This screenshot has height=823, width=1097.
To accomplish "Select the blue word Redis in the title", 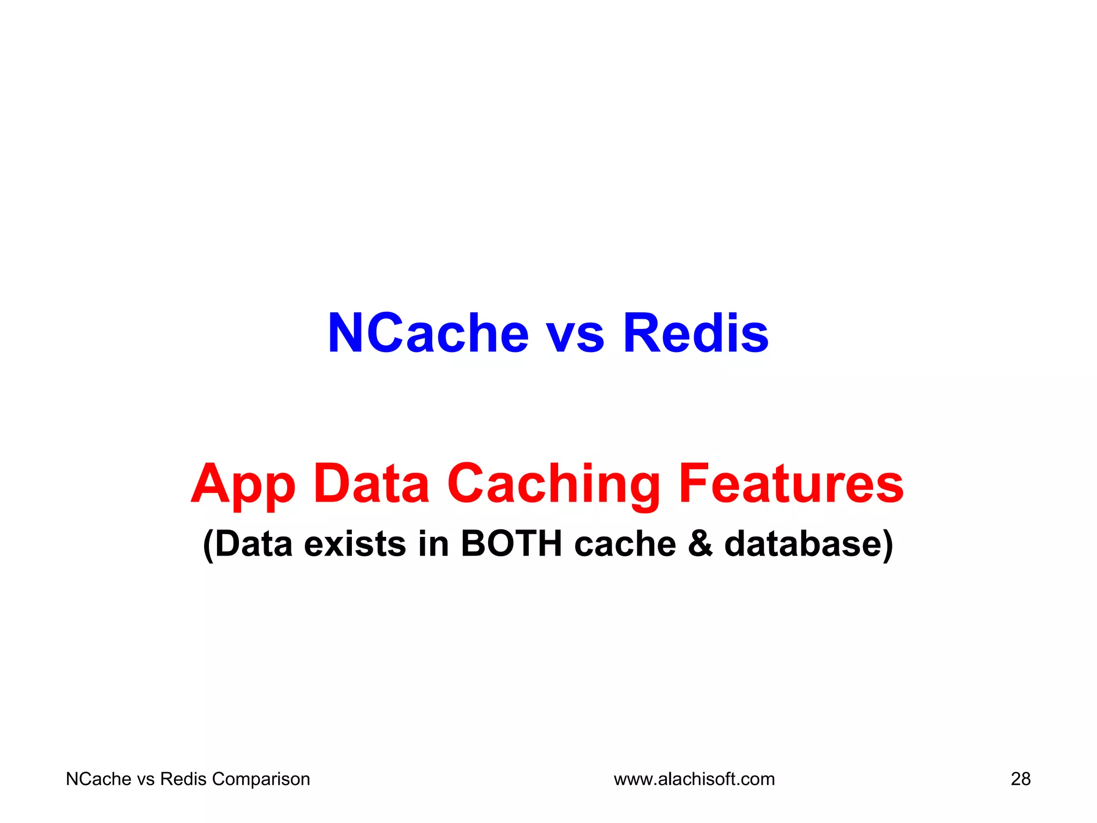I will pyautogui.click(x=695, y=333).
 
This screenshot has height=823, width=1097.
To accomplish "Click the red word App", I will pyautogui.click(x=243, y=484).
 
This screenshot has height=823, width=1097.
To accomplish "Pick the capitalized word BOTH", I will pyautogui.click(x=511, y=544).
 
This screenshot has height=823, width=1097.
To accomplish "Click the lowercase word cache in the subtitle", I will pyautogui.click(x=625, y=544).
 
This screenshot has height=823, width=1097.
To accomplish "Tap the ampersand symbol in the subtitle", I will pyautogui.click(x=700, y=544).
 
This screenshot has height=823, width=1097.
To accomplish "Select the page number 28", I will pyautogui.click(x=1020, y=779).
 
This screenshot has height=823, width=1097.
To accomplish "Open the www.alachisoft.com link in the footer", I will pyautogui.click(x=694, y=779).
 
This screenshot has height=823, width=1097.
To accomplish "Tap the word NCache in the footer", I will pyautogui.click(x=99, y=779).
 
